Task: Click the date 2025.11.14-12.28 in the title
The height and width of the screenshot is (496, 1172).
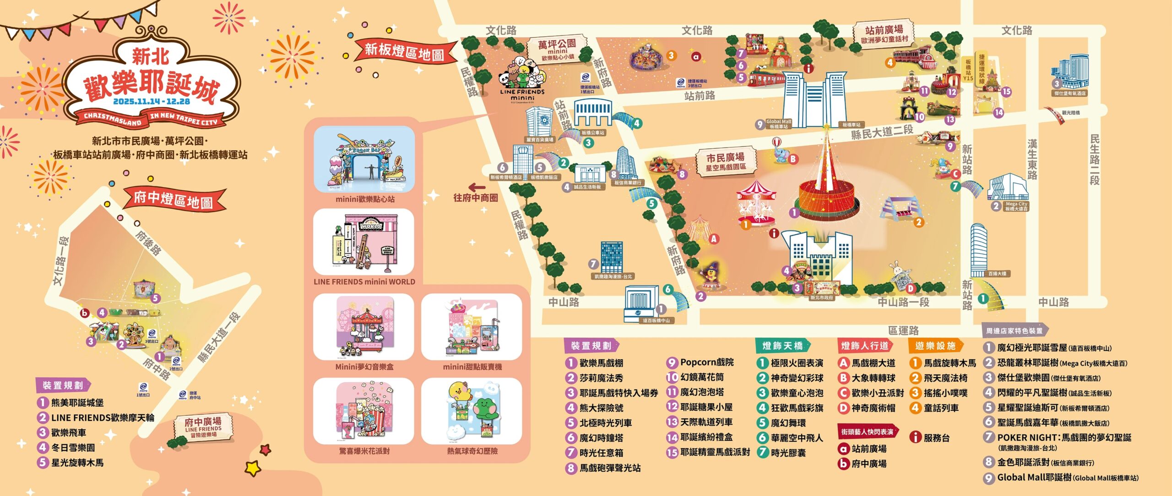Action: click(151, 101)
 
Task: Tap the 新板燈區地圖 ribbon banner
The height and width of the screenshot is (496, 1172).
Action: click(405, 52)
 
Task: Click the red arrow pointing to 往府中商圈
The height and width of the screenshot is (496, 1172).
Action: click(477, 187)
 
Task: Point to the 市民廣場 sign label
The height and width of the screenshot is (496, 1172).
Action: click(725, 162)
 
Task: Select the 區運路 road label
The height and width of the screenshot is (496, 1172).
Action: click(903, 330)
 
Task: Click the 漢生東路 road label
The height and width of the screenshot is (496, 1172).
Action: click(1032, 159)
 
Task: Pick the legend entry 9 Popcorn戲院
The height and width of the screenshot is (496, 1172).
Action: click(700, 362)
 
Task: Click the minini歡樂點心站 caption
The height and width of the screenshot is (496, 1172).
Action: click(365, 199)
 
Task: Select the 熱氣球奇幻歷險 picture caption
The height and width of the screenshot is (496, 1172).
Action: click(472, 451)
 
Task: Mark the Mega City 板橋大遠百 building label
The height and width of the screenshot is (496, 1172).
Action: click(1016, 206)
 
